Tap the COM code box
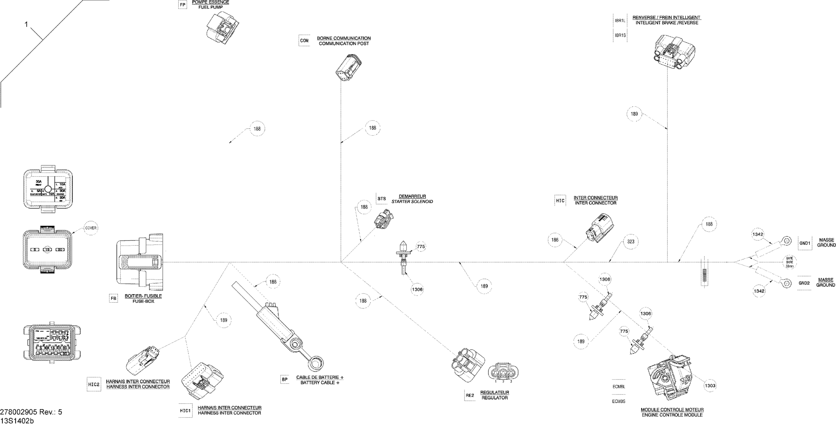304,41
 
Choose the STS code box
382,199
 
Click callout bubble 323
631,241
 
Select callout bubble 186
555,240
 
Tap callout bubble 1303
710,385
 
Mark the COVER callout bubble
91,228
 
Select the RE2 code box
470,395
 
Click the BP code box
285,379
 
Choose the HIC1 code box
185,411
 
